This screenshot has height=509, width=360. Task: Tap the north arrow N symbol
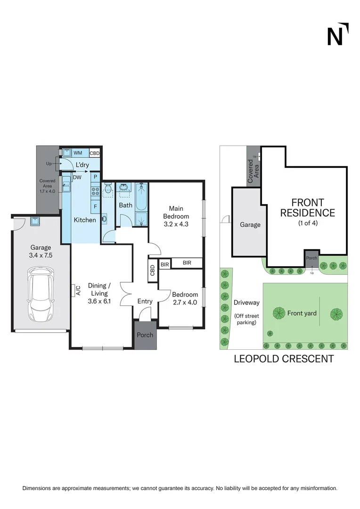(337, 34)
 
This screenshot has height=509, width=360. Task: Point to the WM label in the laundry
(78, 153)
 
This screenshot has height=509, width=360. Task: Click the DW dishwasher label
(76, 177)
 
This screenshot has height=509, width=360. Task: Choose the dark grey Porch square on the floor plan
(145, 335)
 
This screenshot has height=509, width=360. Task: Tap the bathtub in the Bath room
(141, 197)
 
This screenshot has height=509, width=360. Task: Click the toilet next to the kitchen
(107, 190)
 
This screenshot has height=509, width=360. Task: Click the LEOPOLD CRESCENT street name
(284, 359)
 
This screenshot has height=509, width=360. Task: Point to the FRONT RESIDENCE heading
(307, 208)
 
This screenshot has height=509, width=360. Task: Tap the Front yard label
(302, 313)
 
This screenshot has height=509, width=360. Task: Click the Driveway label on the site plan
(246, 303)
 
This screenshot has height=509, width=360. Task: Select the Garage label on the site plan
(250, 225)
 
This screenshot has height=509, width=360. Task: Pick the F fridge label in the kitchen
(95, 206)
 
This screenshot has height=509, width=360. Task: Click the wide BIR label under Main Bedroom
(187, 263)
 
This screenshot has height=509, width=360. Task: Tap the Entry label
(145, 301)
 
